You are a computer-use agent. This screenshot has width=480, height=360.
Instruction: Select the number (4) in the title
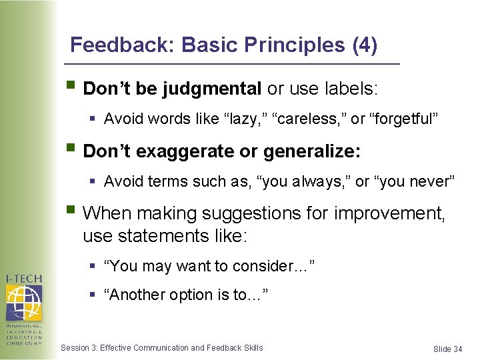tap(364, 45)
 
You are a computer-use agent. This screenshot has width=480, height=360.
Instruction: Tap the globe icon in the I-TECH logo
tap(23, 302)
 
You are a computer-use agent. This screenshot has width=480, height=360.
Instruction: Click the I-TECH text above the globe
tap(24, 278)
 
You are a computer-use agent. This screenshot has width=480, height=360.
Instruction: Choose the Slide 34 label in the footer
tap(447, 349)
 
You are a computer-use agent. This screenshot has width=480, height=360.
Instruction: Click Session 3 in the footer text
tap(78, 347)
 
